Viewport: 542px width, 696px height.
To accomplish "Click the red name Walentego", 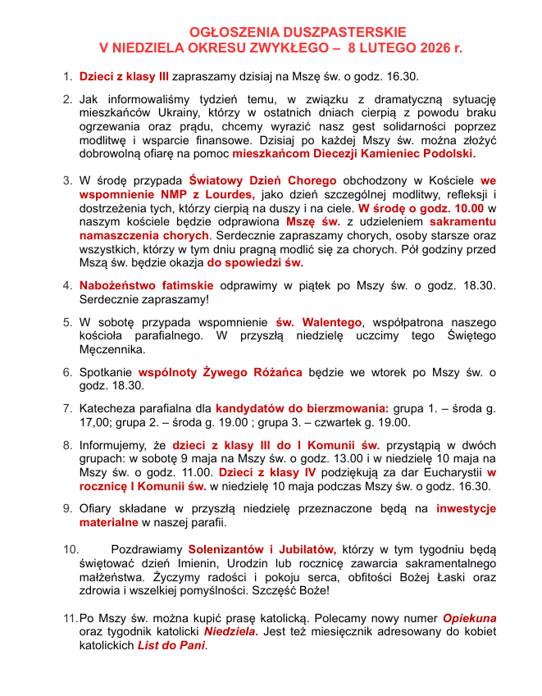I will point(329,321).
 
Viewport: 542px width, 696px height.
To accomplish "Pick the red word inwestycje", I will point(466,508).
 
